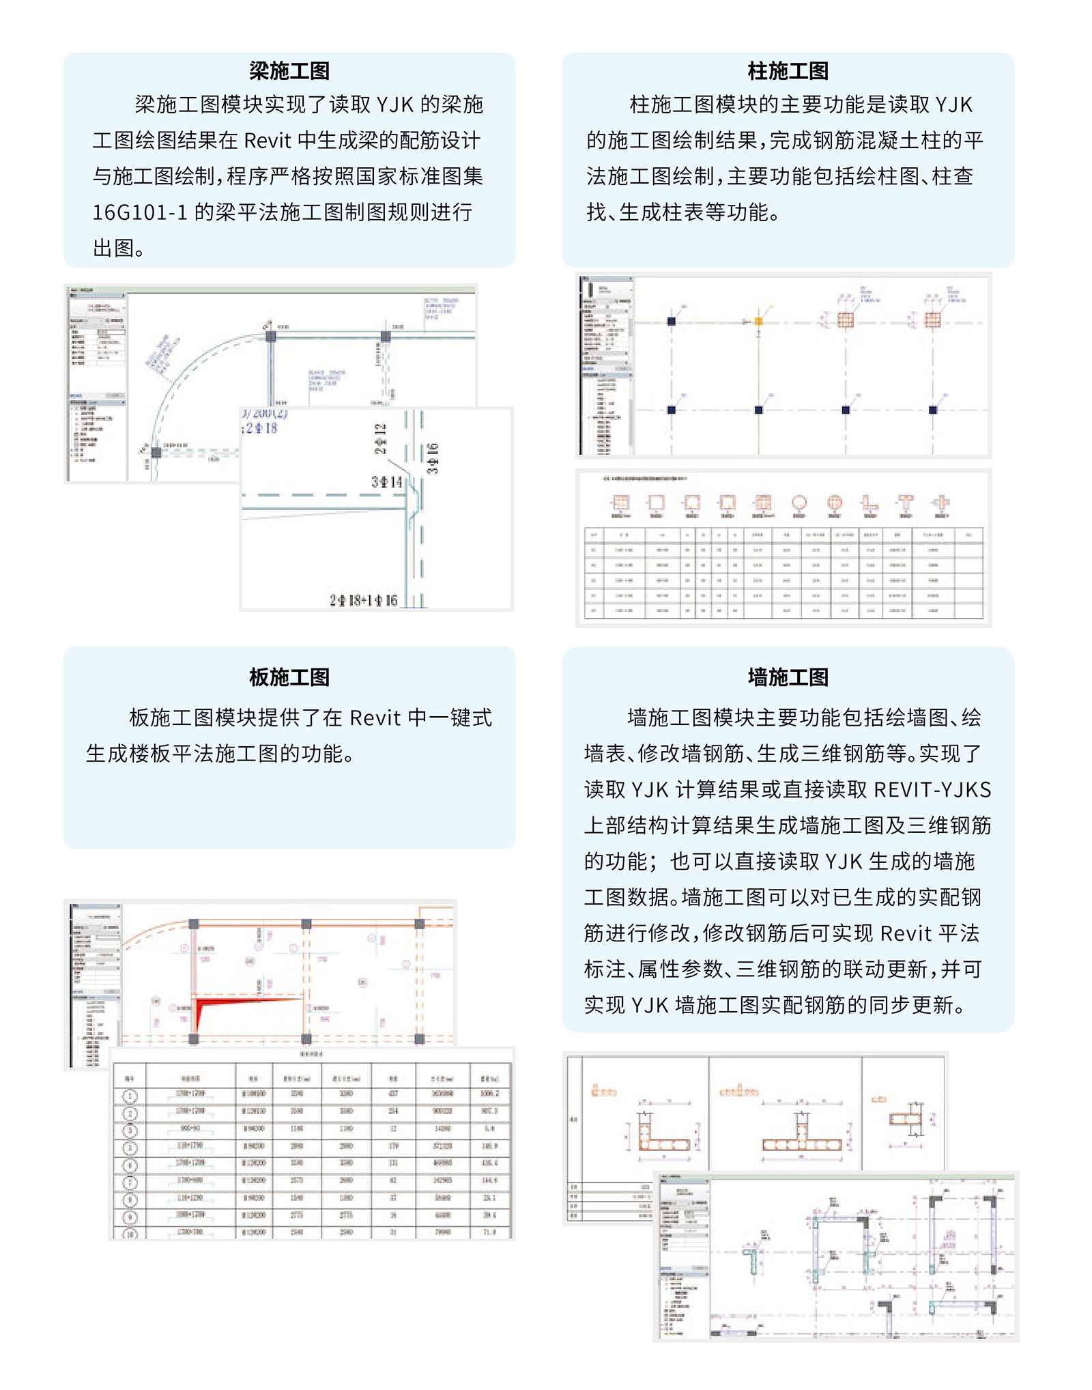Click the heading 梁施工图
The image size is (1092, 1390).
pos(289,71)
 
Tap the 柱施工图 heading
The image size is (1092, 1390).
pos(788,71)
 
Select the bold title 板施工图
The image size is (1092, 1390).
pos(289,677)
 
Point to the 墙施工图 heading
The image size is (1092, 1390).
pos(788,677)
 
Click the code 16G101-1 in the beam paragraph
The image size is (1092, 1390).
pos(139,212)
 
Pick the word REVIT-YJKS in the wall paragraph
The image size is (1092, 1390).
pos(932,790)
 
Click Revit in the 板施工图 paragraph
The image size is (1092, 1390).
pos(375,718)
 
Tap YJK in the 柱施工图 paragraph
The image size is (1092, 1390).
pos(953,105)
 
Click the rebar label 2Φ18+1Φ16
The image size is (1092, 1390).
pos(363,600)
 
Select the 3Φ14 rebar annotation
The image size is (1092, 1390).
pos(386,482)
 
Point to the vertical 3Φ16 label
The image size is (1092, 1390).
pos(433,458)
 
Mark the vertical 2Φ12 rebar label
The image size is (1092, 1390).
pos(380,438)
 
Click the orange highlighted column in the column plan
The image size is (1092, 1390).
pos(758,322)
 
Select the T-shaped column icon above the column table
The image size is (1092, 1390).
pos(905,504)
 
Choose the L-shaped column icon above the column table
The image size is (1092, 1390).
pos(869,504)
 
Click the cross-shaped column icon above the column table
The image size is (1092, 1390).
pos(940,504)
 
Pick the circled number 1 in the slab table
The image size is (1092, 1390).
pos(130,1096)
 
